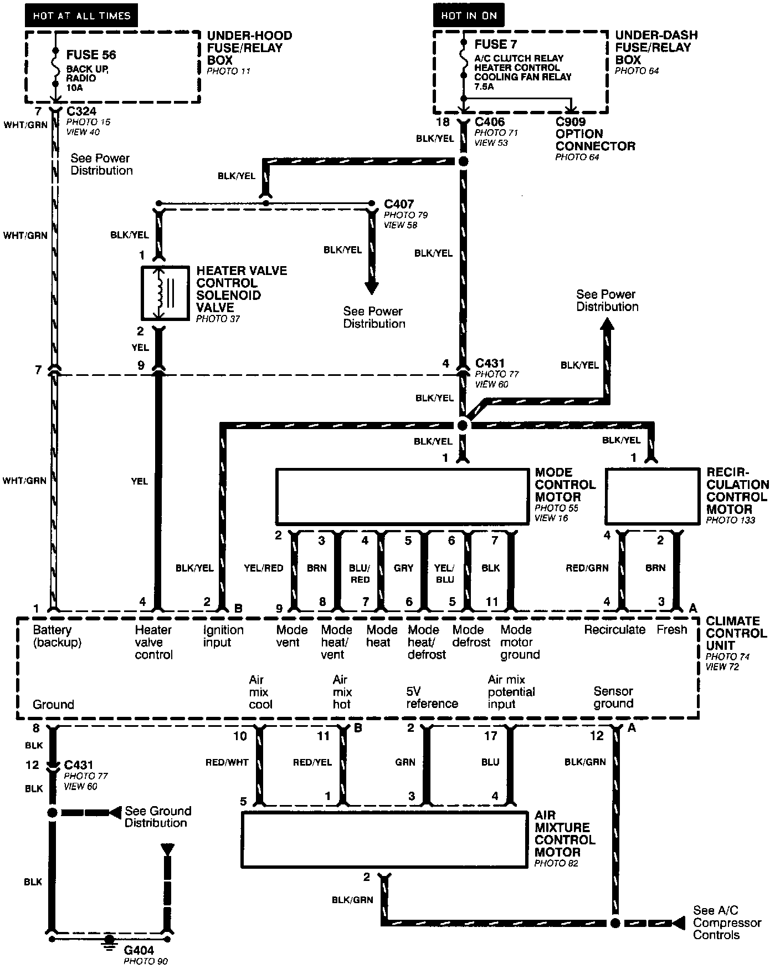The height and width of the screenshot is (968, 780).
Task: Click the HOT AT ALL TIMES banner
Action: [x=81, y=16]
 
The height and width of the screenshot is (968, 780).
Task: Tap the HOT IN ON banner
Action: [x=469, y=16]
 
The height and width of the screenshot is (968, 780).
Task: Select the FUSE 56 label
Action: [x=91, y=55]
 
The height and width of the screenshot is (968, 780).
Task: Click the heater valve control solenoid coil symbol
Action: [x=161, y=293]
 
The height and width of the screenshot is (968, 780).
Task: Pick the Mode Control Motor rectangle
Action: [x=403, y=497]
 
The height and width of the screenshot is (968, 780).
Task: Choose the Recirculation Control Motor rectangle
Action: [x=652, y=497]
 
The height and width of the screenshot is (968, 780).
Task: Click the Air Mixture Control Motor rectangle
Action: [x=384, y=839]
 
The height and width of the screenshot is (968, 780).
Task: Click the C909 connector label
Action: [x=571, y=122]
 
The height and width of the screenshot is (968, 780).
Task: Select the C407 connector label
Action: [x=399, y=204]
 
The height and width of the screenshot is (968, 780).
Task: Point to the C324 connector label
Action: [x=81, y=111]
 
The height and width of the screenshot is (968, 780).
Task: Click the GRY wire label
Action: [x=403, y=568]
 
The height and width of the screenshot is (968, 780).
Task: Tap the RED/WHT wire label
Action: [x=227, y=762]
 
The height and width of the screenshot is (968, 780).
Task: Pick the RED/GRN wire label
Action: [x=587, y=568]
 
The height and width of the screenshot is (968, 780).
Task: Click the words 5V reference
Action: [x=432, y=697]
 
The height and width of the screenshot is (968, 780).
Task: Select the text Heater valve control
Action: [x=153, y=642]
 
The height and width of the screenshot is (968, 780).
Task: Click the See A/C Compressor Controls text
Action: [x=727, y=923]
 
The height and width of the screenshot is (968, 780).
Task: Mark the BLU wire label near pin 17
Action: [x=490, y=762]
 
